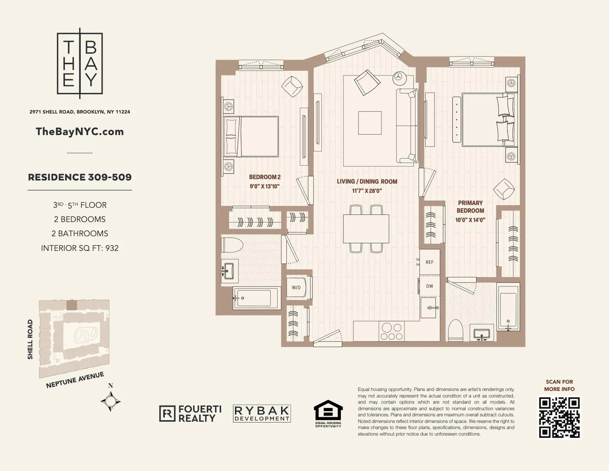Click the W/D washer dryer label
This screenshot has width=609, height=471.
click(x=296, y=287)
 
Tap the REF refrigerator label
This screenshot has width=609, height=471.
click(x=429, y=262)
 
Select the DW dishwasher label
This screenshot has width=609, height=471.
click(x=429, y=286)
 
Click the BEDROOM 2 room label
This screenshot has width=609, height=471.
click(x=265, y=177)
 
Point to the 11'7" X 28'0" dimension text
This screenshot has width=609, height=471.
click(x=367, y=190)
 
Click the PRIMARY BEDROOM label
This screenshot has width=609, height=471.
click(x=470, y=207)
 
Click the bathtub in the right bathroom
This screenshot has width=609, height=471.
click(x=508, y=307)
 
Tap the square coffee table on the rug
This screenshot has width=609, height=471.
click(x=370, y=123)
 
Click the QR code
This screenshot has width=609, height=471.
click(x=559, y=418)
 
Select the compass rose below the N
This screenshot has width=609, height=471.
click(x=111, y=402)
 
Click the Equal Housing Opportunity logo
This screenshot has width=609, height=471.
click(x=328, y=414)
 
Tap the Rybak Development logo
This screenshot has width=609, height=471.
click(x=262, y=414)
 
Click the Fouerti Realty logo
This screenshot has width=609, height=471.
click(x=190, y=414)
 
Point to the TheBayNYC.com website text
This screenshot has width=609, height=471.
click(x=80, y=132)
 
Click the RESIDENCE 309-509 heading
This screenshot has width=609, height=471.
click(x=80, y=177)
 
